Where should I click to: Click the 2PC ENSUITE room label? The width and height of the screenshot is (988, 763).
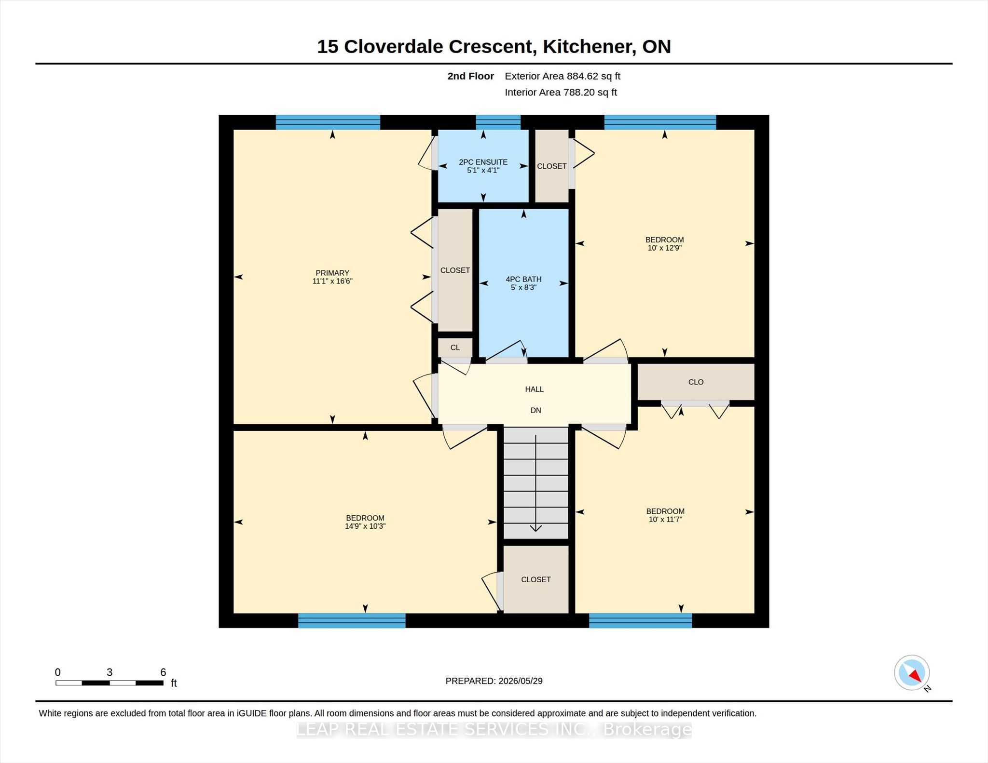pyautogui.click(x=483, y=162)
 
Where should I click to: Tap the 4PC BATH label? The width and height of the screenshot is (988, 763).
pyautogui.click(x=523, y=279)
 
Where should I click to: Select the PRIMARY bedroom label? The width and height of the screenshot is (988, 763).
pyautogui.click(x=332, y=273)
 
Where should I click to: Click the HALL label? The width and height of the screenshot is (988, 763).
pyautogui.click(x=535, y=389)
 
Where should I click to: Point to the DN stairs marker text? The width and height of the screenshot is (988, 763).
pyautogui.click(x=535, y=410)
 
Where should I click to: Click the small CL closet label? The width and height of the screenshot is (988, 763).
pyautogui.click(x=455, y=348)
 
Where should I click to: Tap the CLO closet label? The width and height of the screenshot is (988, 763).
pyautogui.click(x=696, y=382)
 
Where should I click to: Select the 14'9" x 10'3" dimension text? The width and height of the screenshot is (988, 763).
pyautogui.click(x=365, y=526)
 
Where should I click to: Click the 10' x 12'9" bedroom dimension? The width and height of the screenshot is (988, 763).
pyautogui.click(x=664, y=248)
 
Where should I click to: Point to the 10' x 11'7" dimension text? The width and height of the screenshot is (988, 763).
pyautogui.click(x=665, y=520)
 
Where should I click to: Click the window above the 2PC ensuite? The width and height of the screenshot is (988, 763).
pyautogui.click(x=498, y=122)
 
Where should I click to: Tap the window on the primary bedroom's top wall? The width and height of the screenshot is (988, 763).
pyautogui.click(x=328, y=122)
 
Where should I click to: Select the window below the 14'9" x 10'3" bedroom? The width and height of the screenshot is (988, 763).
pyautogui.click(x=352, y=620)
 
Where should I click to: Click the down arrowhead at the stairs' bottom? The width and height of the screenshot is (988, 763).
pyautogui.click(x=535, y=528)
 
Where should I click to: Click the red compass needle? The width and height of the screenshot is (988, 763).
pyautogui.click(x=916, y=676)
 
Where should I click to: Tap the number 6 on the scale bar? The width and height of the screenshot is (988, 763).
pyautogui.click(x=163, y=672)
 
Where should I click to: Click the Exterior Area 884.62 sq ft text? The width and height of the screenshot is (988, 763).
pyautogui.click(x=563, y=76)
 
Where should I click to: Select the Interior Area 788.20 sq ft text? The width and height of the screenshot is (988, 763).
pyautogui.click(x=561, y=93)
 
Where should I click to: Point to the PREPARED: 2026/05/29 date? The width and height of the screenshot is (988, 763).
pyautogui.click(x=494, y=681)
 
